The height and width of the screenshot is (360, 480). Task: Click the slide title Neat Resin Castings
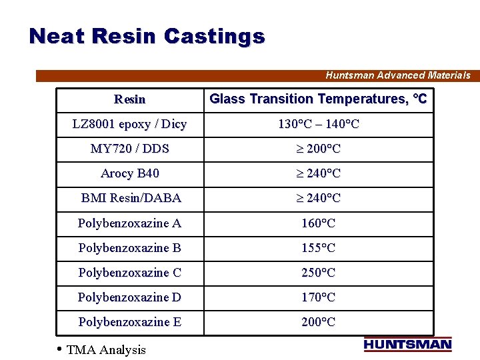(147, 36)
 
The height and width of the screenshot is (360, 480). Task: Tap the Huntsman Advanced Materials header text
(397, 75)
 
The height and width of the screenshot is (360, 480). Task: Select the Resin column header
(129, 99)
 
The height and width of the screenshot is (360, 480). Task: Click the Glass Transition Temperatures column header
(318, 99)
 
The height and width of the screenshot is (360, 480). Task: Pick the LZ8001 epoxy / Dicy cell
(129, 124)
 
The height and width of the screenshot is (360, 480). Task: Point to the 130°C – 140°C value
(318, 124)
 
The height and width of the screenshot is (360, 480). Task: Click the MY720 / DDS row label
(129, 149)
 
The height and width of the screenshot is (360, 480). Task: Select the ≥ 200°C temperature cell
(318, 149)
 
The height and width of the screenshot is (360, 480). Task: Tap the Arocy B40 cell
(129, 173)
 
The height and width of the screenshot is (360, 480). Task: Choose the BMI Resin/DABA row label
(131, 198)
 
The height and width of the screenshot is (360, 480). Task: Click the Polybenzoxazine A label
(129, 223)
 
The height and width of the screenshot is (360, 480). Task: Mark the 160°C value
(318, 223)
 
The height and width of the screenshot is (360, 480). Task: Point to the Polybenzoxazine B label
(129, 248)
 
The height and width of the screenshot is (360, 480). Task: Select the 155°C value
(318, 248)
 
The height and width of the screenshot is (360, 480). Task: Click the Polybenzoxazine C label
(129, 273)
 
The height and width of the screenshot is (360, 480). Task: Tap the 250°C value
(318, 273)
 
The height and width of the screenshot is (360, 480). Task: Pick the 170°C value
(318, 297)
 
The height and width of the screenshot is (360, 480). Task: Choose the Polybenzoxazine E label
(129, 322)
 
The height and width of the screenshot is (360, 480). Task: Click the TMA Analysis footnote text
(106, 350)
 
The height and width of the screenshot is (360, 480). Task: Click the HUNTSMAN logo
(407, 345)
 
